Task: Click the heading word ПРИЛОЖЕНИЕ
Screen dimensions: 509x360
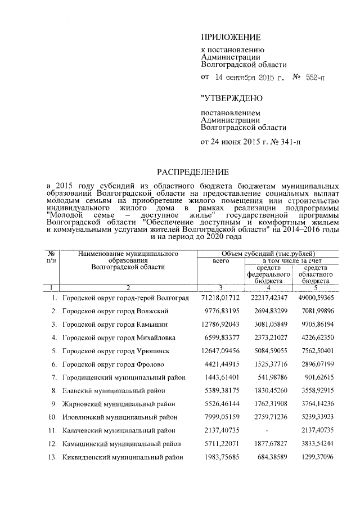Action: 231,38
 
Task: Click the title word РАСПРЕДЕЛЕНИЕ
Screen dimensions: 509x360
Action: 193,171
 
